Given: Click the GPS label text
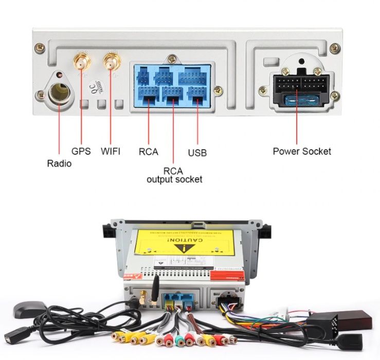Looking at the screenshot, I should [81, 151].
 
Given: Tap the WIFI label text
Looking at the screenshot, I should [111, 151].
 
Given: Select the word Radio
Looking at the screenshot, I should [59, 164].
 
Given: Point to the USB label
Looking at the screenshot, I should [197, 153].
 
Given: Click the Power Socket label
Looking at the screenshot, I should [302, 151].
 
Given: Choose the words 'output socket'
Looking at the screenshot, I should [174, 179].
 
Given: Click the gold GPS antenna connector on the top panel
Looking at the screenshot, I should [81, 62].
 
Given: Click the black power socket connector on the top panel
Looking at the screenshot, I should [297, 84].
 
